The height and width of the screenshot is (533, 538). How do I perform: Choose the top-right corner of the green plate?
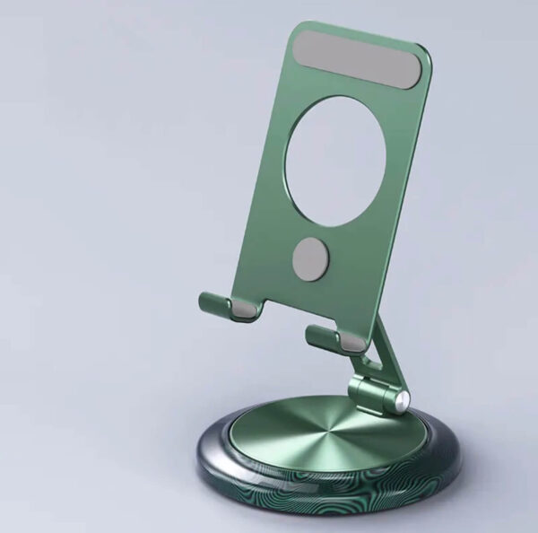tap(423, 51)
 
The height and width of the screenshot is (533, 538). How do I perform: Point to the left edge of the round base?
tap(198, 453)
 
